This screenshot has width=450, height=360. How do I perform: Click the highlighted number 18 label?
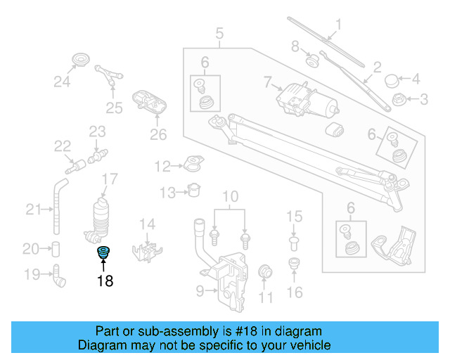tap(105, 281)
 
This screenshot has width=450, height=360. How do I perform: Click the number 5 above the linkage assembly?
tap(219, 32)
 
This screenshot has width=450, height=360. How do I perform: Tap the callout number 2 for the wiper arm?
tap(377, 67)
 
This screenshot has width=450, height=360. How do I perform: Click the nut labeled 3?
tap(398, 99)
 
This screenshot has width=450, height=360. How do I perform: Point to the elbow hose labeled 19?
tap(58, 276)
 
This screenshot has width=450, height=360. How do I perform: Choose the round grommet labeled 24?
tap(83, 59)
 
